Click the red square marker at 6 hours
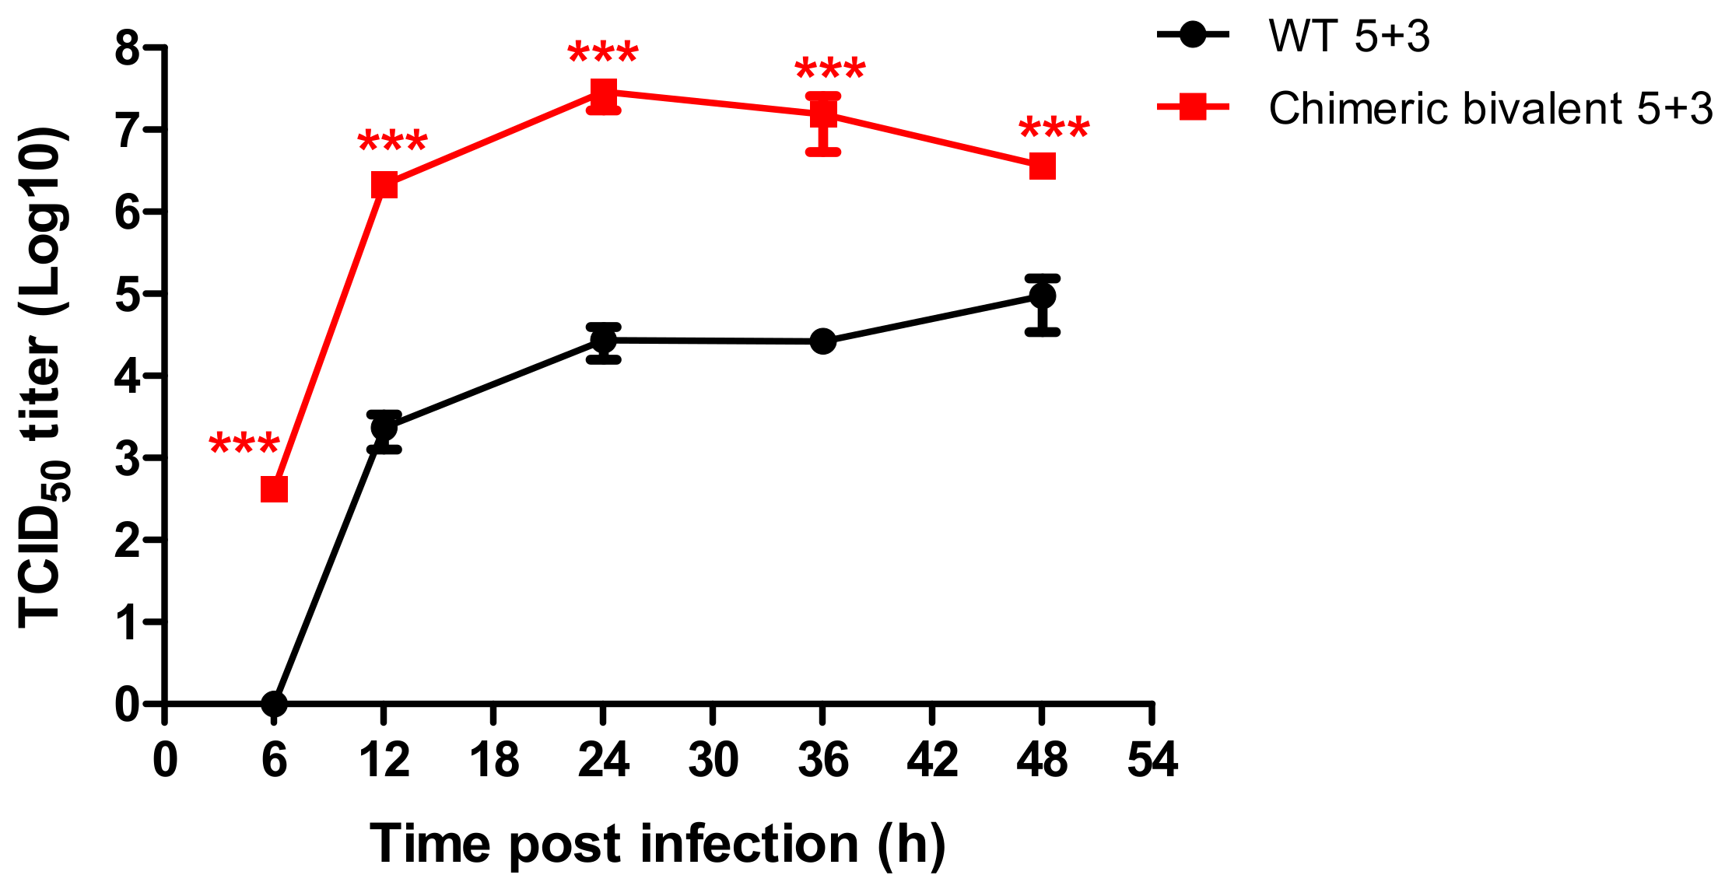tap(274, 489)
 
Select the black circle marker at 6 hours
tap(274, 704)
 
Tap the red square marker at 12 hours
tap(384, 185)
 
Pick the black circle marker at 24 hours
tap(603, 340)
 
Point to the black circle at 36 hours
tap(822, 341)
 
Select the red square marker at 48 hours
tap(1042, 166)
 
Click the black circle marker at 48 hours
tap(1042, 296)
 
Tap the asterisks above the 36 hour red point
tap(829, 70)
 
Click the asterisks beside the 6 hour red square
tap(244, 446)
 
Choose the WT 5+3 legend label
tap(1348, 36)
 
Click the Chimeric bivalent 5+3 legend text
tap(1490, 108)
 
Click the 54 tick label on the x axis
tap(1152, 760)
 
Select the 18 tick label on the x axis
tap(494, 760)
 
